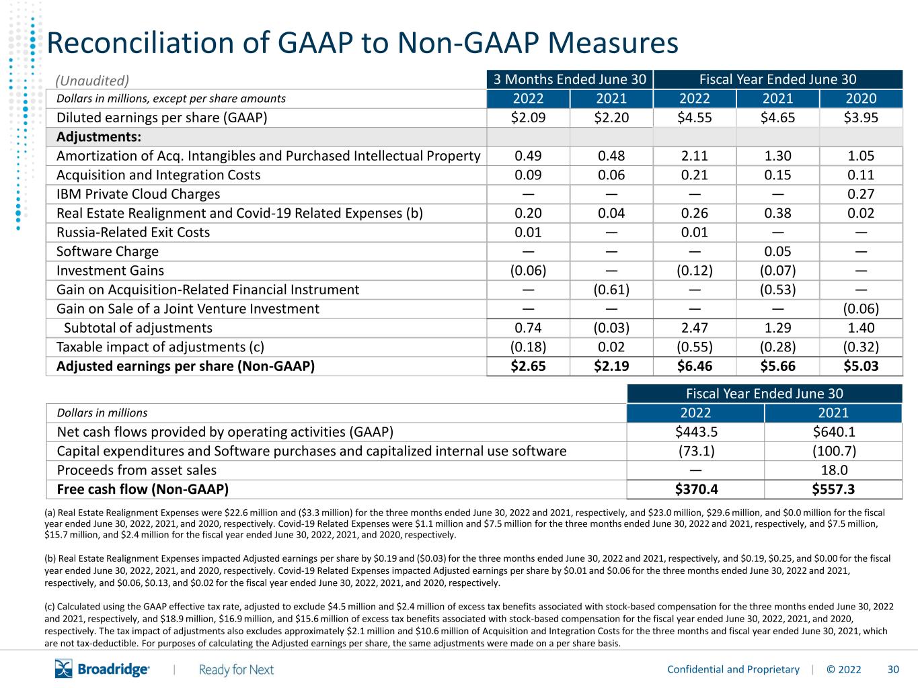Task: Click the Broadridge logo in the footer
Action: tap(102, 669)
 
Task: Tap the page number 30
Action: tap(893, 669)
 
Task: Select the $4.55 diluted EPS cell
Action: tap(694, 118)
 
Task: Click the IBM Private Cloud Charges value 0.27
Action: tap(861, 194)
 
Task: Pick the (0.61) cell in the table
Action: tap(611, 290)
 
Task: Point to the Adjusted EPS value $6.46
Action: tap(694, 366)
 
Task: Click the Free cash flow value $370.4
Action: tap(696, 489)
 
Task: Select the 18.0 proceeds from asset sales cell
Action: tap(834, 470)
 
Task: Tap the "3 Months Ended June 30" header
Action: tap(570, 79)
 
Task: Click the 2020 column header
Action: tap(861, 99)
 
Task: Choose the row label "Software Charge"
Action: tap(108, 251)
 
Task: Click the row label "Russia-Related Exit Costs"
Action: tap(133, 232)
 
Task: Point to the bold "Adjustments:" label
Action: tap(99, 137)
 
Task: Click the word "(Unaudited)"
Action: tap(92, 81)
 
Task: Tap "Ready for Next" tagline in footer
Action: tap(236, 670)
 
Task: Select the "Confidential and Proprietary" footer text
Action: tap(733, 670)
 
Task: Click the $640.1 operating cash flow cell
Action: tap(834, 432)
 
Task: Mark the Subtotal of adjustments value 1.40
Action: tap(861, 328)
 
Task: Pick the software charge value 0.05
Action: tap(777, 251)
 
